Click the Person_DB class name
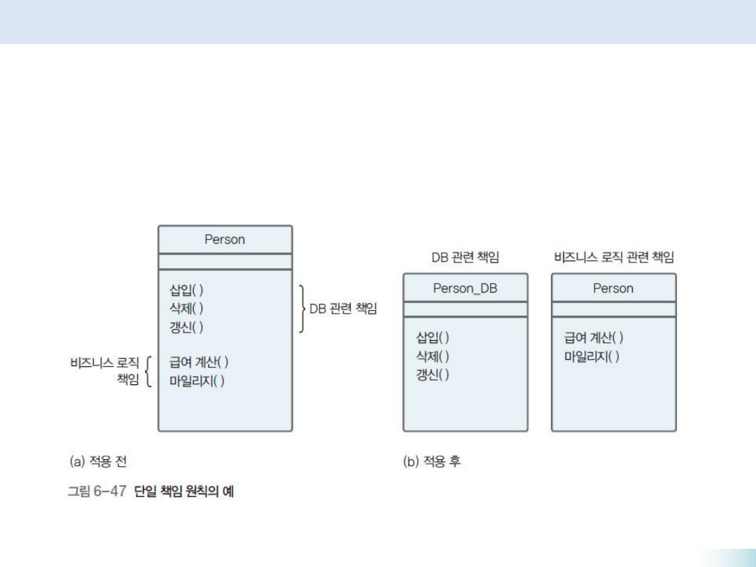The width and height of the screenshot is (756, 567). [x=465, y=288]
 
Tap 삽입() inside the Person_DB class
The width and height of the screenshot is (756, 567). [x=433, y=337]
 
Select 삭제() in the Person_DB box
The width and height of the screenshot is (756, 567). [x=433, y=356]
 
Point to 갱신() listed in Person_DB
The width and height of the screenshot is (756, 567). [x=433, y=375]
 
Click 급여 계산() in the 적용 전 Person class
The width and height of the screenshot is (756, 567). [x=199, y=363]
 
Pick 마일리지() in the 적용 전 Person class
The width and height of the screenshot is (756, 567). [x=197, y=381]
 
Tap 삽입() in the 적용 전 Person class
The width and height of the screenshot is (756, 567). [x=186, y=289]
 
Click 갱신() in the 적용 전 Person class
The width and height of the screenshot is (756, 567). [x=186, y=327]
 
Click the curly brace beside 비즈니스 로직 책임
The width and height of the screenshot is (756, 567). [x=148, y=372]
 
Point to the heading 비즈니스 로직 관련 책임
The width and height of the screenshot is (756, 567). [x=614, y=258]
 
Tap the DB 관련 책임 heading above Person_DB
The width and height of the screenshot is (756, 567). [x=465, y=258]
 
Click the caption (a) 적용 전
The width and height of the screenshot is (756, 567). [x=98, y=461]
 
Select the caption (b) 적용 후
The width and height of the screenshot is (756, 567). [x=432, y=461]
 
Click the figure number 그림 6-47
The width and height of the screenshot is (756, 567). [x=96, y=492]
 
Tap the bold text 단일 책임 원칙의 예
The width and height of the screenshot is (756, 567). [x=184, y=492]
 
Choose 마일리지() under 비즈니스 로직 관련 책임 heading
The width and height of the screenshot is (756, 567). [x=591, y=357]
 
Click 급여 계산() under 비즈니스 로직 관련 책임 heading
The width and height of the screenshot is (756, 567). [x=594, y=337]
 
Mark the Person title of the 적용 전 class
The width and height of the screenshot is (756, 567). [x=225, y=239]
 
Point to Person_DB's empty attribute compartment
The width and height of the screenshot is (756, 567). [x=465, y=309]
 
